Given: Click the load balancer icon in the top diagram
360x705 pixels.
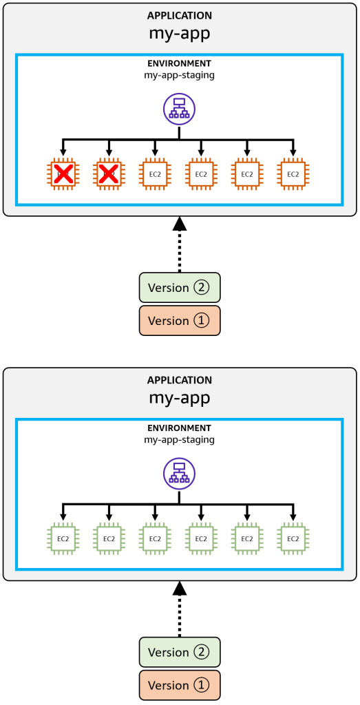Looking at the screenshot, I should [x=179, y=109].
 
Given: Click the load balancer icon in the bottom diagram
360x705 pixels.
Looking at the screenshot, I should [x=179, y=474].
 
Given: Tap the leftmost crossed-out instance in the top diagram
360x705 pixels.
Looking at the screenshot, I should [x=63, y=174].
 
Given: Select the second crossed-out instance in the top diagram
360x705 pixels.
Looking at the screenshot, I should [x=109, y=174].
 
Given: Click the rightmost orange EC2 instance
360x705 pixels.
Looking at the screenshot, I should [x=293, y=174].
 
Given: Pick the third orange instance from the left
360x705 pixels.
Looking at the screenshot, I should [x=155, y=174].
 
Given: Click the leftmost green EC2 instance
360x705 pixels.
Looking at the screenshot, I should [x=63, y=538].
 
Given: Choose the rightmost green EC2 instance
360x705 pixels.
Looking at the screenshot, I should [x=293, y=538].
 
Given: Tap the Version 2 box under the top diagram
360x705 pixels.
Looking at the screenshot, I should [x=180, y=287].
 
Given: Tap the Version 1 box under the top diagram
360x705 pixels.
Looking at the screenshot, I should [x=180, y=320].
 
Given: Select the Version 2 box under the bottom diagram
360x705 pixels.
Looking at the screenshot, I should [x=180, y=652].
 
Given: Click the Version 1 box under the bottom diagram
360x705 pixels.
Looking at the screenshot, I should [x=180, y=685].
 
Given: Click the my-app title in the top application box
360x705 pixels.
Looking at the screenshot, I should [x=180, y=32].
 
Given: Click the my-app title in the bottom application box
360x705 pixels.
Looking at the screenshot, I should [x=180, y=397].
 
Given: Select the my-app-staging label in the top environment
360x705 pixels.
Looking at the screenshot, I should [x=180, y=75].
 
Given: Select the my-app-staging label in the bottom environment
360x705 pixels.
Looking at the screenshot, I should [x=180, y=439].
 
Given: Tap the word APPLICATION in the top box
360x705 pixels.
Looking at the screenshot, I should [x=180, y=15].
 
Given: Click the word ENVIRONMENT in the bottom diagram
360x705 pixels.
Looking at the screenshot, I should [x=180, y=428].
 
